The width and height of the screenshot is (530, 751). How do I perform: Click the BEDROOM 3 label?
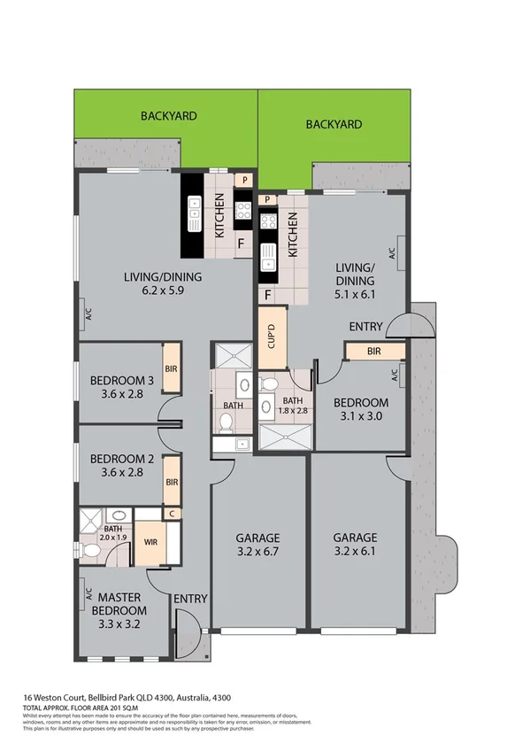pyautogui.click(x=122, y=382)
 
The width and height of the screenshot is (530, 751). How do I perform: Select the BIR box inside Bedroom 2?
pyautogui.click(x=173, y=483)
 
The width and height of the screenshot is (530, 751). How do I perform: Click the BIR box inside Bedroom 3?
pyautogui.click(x=172, y=370)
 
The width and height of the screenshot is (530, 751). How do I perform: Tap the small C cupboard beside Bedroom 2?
pyautogui.click(x=173, y=514)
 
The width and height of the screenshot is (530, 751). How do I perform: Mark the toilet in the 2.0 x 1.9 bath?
pyautogui.click(x=91, y=551)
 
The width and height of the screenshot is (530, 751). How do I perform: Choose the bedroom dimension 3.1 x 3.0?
pyautogui.click(x=360, y=418)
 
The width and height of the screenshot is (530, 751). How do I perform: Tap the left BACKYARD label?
pyautogui.click(x=168, y=116)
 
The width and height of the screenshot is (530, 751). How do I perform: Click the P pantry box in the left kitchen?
pyautogui.click(x=245, y=181)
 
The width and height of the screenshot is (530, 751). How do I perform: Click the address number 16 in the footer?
pyautogui.click(x=28, y=699)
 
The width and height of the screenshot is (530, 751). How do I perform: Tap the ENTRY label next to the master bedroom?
pyautogui.click(x=190, y=600)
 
